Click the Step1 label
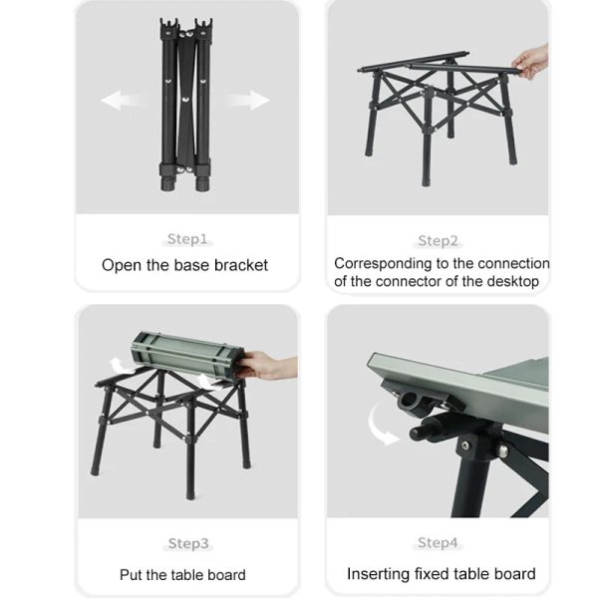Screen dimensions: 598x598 (186, 239)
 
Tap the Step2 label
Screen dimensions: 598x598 (438, 240)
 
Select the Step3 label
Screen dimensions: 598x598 (186, 543)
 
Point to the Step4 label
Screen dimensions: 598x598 (438, 542)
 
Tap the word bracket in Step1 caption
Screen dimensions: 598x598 (241, 266)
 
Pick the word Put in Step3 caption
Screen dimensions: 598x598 (130, 574)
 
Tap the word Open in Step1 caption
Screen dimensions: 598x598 (121, 266)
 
